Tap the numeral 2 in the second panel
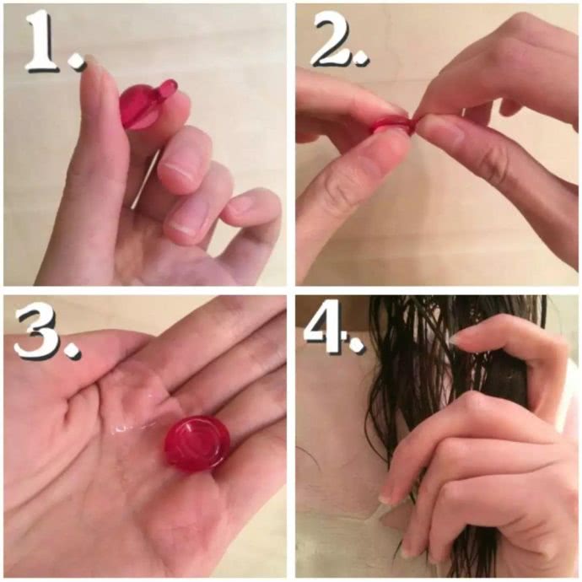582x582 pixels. click(x=332, y=39)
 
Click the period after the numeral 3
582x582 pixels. click(x=73, y=351)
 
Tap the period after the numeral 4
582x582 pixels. click(x=356, y=343)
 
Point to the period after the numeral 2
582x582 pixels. click(x=361, y=58)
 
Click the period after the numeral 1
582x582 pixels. click(x=78, y=62)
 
